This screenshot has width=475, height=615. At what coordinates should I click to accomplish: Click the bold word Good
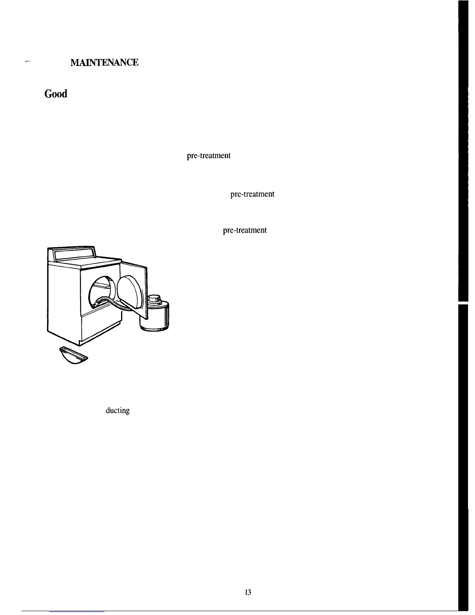point(56,94)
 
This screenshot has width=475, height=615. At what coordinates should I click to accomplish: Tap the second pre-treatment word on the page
point(253,194)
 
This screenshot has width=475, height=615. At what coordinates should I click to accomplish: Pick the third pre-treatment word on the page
point(244,230)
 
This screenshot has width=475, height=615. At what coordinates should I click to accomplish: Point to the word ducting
point(118,410)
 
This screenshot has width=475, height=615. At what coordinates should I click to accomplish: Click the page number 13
point(248,592)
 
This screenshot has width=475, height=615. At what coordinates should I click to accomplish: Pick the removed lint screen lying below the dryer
point(73,356)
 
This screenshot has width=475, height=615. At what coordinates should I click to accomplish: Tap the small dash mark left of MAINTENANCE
point(27,62)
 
